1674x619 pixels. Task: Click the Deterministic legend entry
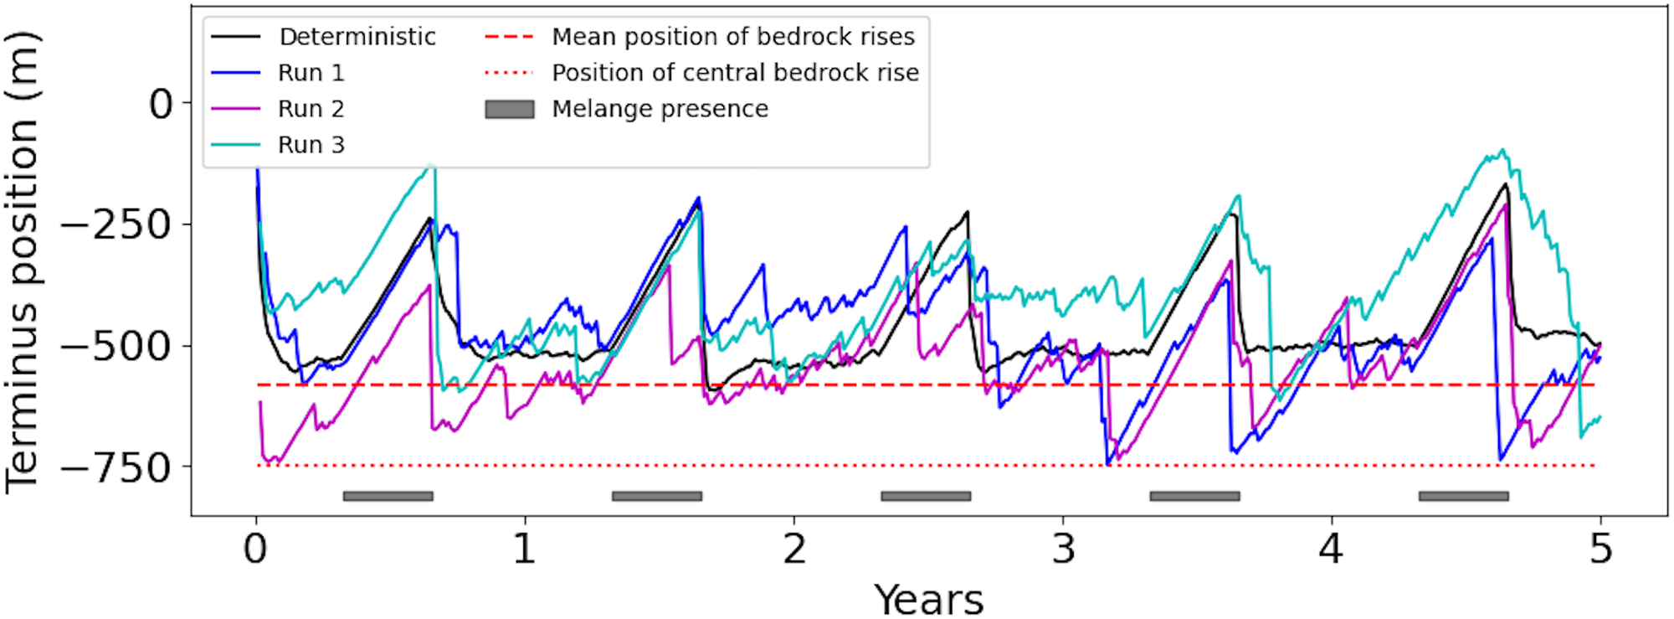click(x=357, y=37)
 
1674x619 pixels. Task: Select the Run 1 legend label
click(x=311, y=73)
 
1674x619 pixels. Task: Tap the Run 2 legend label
click(x=311, y=109)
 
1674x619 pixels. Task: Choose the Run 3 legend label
click(x=311, y=145)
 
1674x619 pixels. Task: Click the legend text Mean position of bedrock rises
click(x=733, y=37)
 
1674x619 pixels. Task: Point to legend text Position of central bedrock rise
click(x=736, y=73)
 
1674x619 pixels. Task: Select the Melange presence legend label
click(x=660, y=109)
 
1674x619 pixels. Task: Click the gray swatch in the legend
click(x=510, y=109)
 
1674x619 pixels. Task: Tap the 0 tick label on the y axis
click(x=161, y=105)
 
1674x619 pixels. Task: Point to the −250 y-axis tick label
click(x=116, y=224)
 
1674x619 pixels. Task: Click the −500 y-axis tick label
click(x=116, y=346)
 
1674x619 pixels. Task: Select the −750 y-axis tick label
click(x=116, y=467)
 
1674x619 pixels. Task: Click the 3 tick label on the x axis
click(x=1063, y=549)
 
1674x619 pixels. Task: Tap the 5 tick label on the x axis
click(x=1600, y=549)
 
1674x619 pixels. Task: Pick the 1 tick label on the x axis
click(x=525, y=549)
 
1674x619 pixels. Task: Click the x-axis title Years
click(x=929, y=600)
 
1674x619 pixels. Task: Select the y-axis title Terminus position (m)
click(x=23, y=262)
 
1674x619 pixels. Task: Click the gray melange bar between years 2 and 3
click(x=926, y=496)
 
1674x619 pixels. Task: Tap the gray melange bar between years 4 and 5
click(x=1463, y=496)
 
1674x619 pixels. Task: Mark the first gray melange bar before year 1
click(x=388, y=496)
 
